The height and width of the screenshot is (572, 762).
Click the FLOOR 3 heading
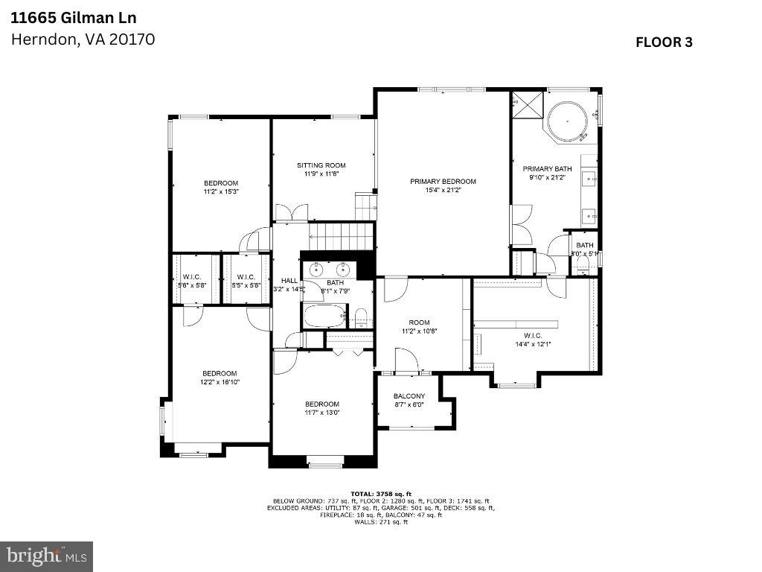664,42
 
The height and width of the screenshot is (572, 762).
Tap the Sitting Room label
321,165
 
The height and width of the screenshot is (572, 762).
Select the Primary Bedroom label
443,181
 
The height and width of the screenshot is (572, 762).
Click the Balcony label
409,396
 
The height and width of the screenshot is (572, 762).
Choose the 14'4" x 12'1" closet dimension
533,344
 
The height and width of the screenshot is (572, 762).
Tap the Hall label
289,280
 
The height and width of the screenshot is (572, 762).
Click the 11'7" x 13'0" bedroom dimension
321,413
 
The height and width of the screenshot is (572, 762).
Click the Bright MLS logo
46,556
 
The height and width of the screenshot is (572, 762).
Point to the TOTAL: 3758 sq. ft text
380,494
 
